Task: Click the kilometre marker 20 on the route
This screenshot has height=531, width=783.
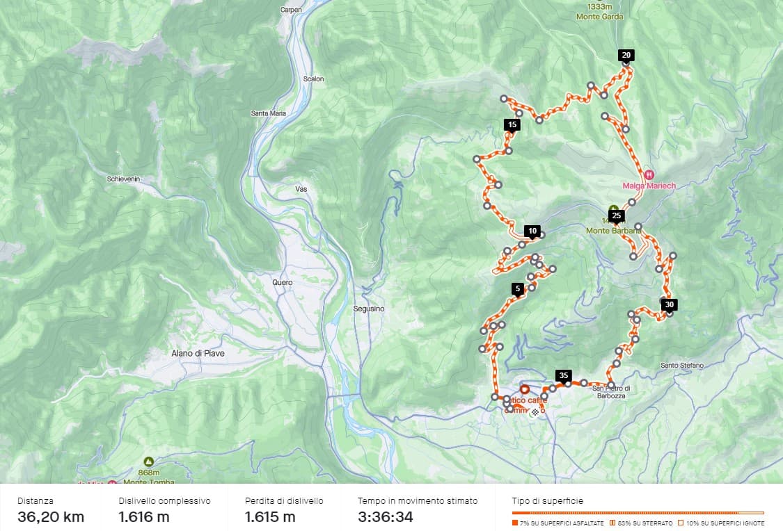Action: [x=626, y=55]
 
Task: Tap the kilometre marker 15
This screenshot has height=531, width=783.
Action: [x=512, y=125]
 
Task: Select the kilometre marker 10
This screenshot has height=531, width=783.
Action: [x=532, y=231]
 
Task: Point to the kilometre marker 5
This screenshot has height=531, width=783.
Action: [x=517, y=288]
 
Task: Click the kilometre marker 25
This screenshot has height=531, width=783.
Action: [x=616, y=215]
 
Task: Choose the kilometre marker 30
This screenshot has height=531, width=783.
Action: [x=669, y=304]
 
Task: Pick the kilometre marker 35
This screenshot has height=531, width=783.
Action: [x=564, y=375]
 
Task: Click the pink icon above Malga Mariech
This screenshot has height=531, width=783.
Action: [x=649, y=174]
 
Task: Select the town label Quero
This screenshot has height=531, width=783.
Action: [x=283, y=283]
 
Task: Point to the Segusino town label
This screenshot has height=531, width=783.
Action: [x=369, y=309]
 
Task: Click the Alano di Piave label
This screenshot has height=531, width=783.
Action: [x=198, y=353]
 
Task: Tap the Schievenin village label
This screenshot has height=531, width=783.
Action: [x=123, y=179]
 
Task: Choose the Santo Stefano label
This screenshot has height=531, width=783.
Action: [x=681, y=366]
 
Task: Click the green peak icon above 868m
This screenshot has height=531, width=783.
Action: [x=148, y=461]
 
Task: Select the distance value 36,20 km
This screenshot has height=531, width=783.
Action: [x=51, y=516]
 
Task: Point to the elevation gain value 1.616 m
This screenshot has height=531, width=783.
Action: [x=144, y=516]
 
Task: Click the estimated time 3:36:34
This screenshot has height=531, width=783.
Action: [x=385, y=516]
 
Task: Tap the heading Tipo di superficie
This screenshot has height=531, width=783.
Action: [x=547, y=500]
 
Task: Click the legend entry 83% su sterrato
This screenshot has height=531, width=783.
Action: [x=641, y=523]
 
